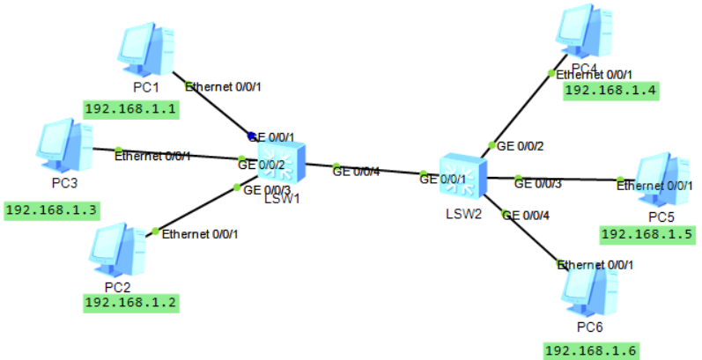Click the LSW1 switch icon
pyautogui.click(x=280, y=162)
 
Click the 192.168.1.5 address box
pyautogui.click(x=647, y=234)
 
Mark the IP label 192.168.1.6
pyautogui.click(x=589, y=351)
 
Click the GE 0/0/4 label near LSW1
pyautogui.click(x=357, y=172)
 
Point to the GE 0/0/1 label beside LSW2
pyautogui.click(x=443, y=180)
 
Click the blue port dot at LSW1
pyautogui.click(x=252, y=136)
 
